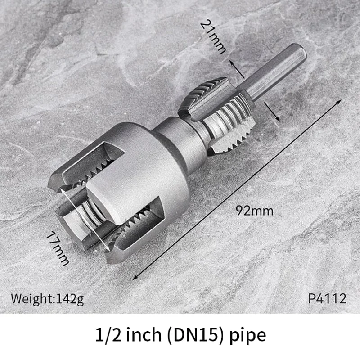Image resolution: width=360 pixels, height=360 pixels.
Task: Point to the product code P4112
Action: (327, 298)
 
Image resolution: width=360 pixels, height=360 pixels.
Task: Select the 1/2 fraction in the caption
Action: (106, 336)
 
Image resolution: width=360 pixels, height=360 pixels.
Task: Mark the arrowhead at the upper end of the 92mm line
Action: (338, 103)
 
